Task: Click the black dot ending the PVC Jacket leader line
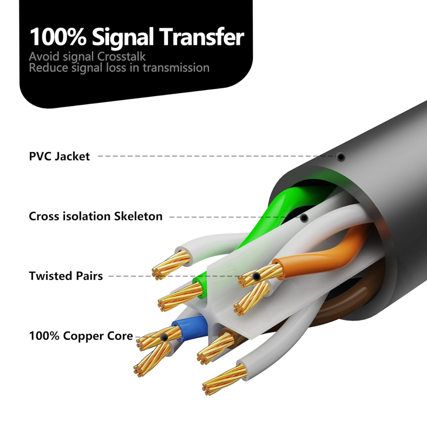341,157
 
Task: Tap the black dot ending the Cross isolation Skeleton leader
304,217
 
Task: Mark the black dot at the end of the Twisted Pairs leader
256,276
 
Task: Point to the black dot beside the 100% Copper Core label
164,337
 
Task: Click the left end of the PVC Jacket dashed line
98,156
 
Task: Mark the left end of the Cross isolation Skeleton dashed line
170,217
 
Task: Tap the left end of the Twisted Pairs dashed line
109,276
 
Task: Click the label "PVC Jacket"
59,157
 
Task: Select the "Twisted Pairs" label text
66,276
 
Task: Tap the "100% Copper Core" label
81,336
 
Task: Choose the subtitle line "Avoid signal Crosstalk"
87,57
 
